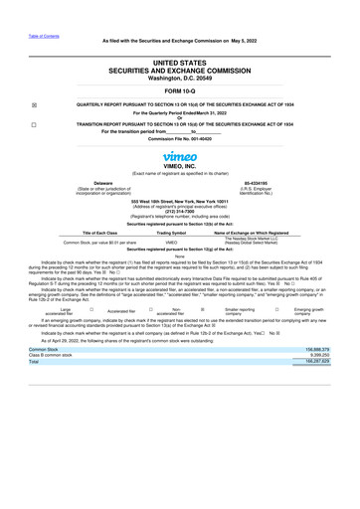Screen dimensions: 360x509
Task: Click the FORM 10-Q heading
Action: click(179, 91)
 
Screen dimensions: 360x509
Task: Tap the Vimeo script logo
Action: click(179, 156)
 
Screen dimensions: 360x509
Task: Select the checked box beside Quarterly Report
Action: click(36, 104)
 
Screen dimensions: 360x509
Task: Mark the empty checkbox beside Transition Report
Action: click(36, 124)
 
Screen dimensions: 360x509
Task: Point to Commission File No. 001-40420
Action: click(179, 138)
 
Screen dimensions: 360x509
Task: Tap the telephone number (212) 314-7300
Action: click(179, 211)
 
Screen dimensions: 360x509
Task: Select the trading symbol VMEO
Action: click(171, 242)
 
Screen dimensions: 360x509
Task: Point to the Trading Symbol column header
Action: click(171, 233)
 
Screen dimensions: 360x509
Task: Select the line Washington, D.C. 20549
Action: click(179, 78)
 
